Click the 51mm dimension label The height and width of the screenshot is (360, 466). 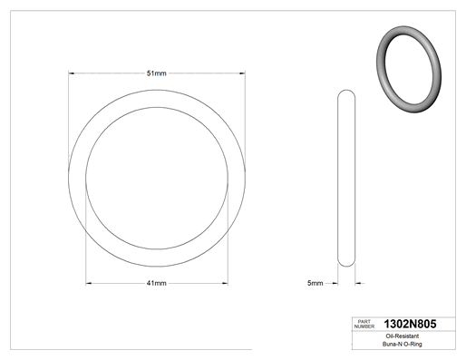(x=156, y=73)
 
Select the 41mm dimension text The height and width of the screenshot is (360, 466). (x=156, y=283)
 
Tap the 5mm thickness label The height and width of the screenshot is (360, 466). (x=316, y=283)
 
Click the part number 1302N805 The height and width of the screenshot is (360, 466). (x=410, y=324)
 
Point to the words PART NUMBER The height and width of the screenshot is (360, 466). (x=364, y=324)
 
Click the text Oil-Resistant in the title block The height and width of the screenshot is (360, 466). (x=403, y=336)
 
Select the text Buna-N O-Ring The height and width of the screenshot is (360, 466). (x=403, y=344)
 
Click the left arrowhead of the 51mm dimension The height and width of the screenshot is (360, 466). (x=72, y=73)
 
